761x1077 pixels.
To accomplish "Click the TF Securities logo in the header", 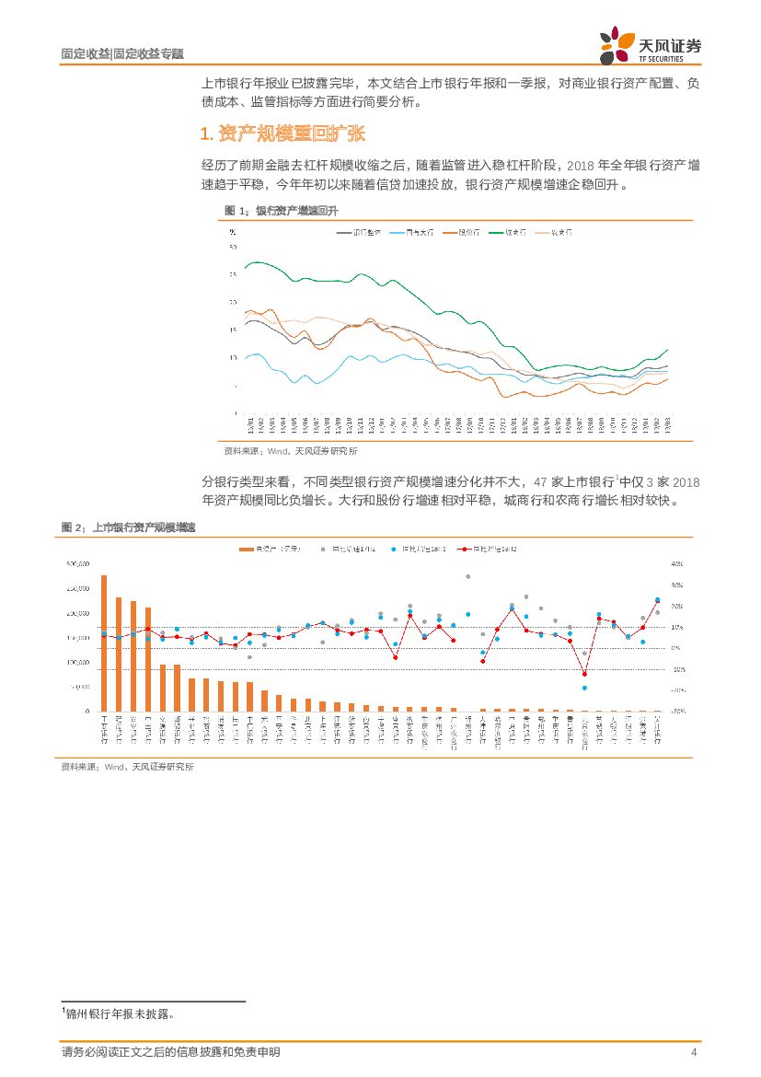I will point(649,45).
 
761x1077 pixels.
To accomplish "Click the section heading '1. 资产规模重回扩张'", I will point(282,134).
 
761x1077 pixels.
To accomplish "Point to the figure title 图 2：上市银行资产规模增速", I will point(128,527).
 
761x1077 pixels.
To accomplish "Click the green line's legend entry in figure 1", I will point(509,233).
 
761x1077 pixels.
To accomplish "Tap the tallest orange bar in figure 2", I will point(104,643).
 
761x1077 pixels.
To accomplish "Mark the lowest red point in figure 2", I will point(584,673).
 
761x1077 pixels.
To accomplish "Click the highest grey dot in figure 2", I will point(467,576).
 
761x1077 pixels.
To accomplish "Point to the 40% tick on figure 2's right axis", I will point(677,563).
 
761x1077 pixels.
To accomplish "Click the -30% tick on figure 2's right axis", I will point(677,711).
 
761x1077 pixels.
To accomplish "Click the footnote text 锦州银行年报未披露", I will point(120,1013).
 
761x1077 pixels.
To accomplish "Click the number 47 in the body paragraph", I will point(540,481).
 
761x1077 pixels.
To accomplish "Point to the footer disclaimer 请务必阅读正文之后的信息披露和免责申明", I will point(170,1052).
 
